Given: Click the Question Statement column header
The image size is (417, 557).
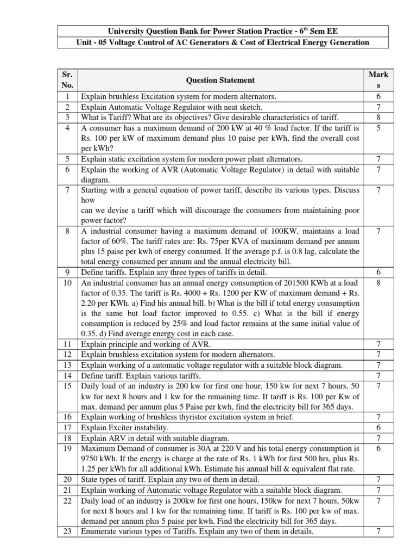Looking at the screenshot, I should (x=220, y=80).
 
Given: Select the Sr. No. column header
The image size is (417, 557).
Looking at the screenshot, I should (x=68, y=80).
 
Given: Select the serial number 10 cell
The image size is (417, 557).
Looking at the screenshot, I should (x=68, y=283).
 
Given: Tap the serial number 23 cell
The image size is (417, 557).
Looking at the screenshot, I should (x=68, y=532).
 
